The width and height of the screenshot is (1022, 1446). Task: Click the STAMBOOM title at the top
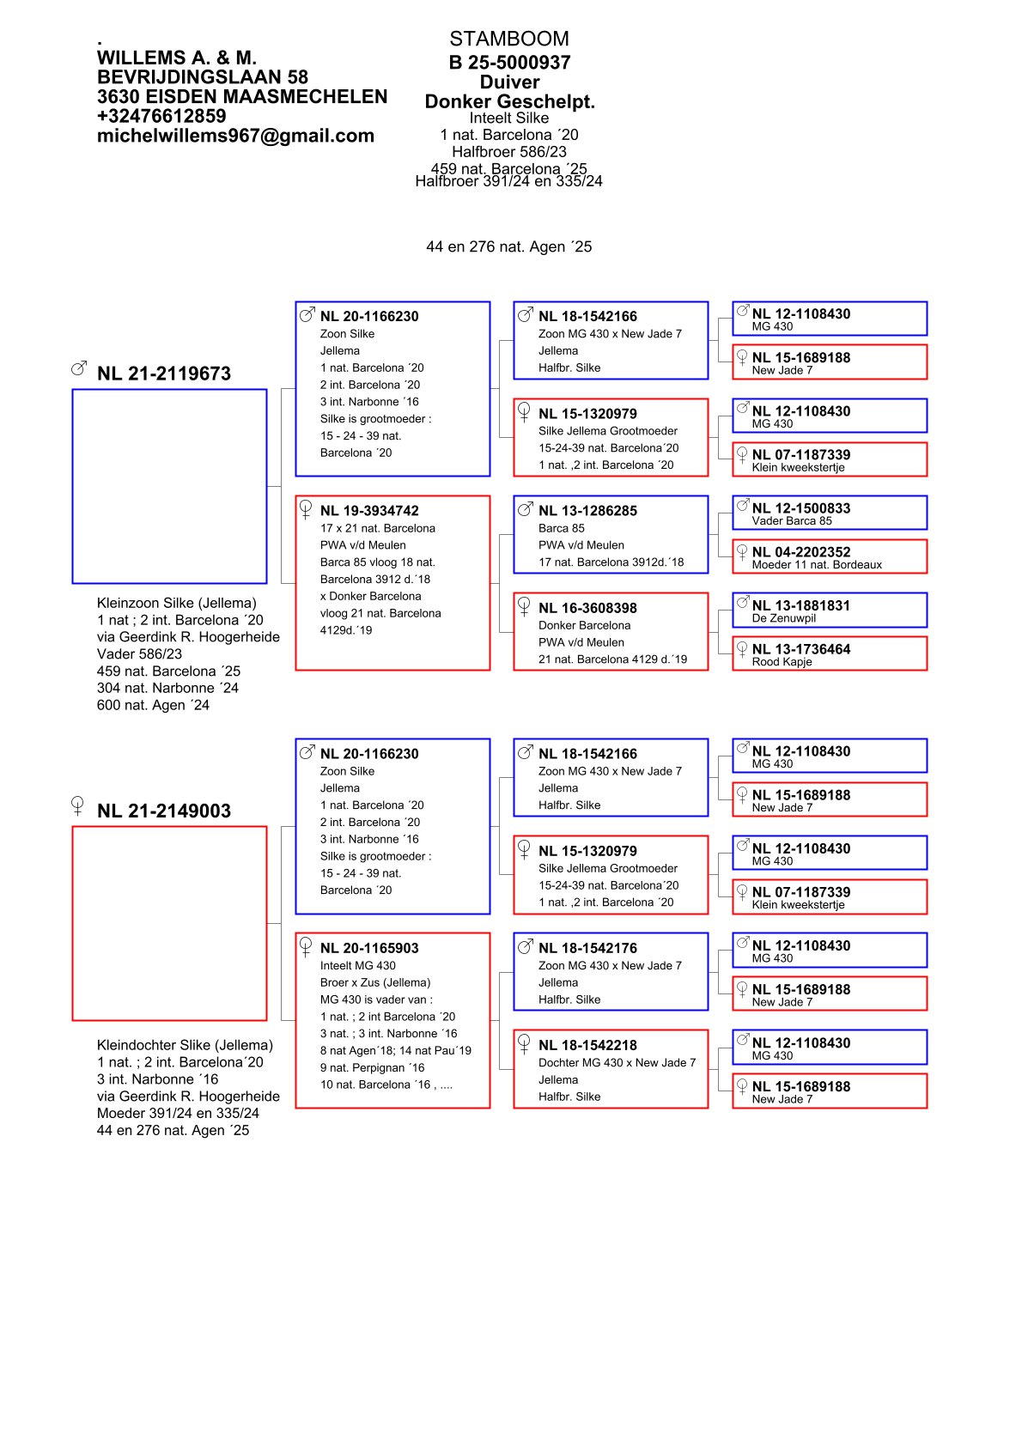[x=508, y=39]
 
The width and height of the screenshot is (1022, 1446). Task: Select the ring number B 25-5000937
[x=509, y=62]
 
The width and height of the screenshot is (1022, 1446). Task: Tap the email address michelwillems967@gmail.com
[x=235, y=136]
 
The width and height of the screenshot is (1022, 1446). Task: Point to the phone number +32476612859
[x=161, y=116]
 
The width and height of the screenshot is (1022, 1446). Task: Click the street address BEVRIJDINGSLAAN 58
[x=202, y=77]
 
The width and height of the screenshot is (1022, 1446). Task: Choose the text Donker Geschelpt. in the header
[x=509, y=101]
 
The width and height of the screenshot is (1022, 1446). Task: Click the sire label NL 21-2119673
[x=164, y=374]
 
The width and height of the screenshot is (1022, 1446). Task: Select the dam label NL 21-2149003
[x=164, y=811]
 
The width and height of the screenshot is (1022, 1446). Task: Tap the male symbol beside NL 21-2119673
[x=79, y=368]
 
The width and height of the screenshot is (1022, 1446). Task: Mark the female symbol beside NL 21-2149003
[x=77, y=805]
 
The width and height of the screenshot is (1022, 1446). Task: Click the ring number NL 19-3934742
[x=369, y=511]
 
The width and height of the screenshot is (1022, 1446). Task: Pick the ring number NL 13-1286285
[x=587, y=511]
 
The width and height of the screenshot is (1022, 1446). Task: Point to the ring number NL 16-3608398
[x=587, y=608]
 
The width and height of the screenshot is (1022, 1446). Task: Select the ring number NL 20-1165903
[x=369, y=948]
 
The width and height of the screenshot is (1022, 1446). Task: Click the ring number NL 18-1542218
[x=587, y=1045]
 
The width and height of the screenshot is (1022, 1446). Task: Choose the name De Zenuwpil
[x=784, y=618]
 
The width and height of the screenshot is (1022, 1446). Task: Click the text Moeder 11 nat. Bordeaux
[x=817, y=565]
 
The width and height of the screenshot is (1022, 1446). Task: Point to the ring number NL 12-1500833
[x=801, y=508]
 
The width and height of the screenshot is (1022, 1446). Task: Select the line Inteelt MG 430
[x=358, y=966]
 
